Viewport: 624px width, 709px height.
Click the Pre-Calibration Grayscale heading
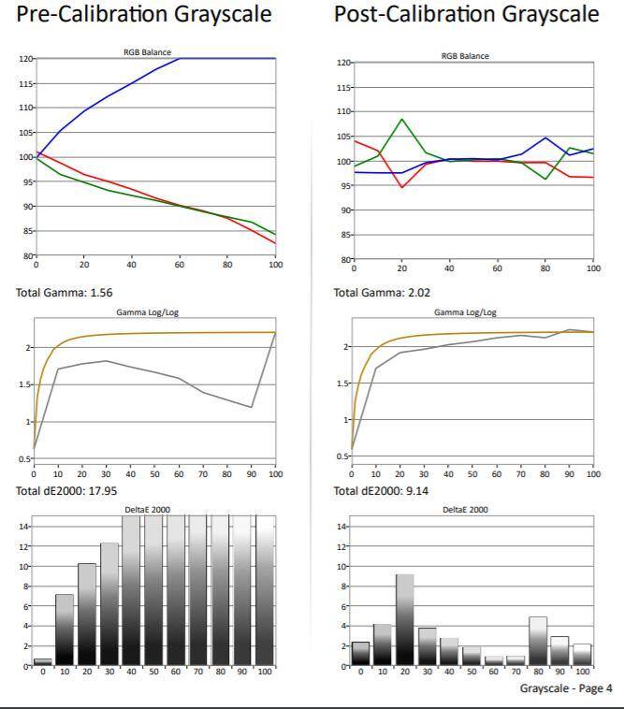[x=144, y=15]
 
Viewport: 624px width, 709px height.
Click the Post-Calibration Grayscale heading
[x=466, y=15]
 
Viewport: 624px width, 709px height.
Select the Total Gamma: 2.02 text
[x=383, y=293]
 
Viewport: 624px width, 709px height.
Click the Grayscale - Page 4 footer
[x=566, y=688]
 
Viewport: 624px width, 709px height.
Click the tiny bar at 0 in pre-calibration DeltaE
[x=42, y=662]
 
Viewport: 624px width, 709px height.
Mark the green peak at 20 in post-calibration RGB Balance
[x=401, y=119]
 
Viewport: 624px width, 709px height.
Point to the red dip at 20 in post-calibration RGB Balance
[x=401, y=187]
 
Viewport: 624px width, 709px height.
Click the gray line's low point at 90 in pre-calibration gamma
[x=252, y=407]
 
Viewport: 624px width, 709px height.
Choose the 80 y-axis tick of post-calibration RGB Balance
[x=346, y=259]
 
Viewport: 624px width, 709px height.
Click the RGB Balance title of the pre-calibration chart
[x=148, y=52]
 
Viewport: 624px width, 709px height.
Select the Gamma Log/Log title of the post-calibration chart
[x=466, y=312]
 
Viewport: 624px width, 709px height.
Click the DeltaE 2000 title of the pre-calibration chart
[x=148, y=510]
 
